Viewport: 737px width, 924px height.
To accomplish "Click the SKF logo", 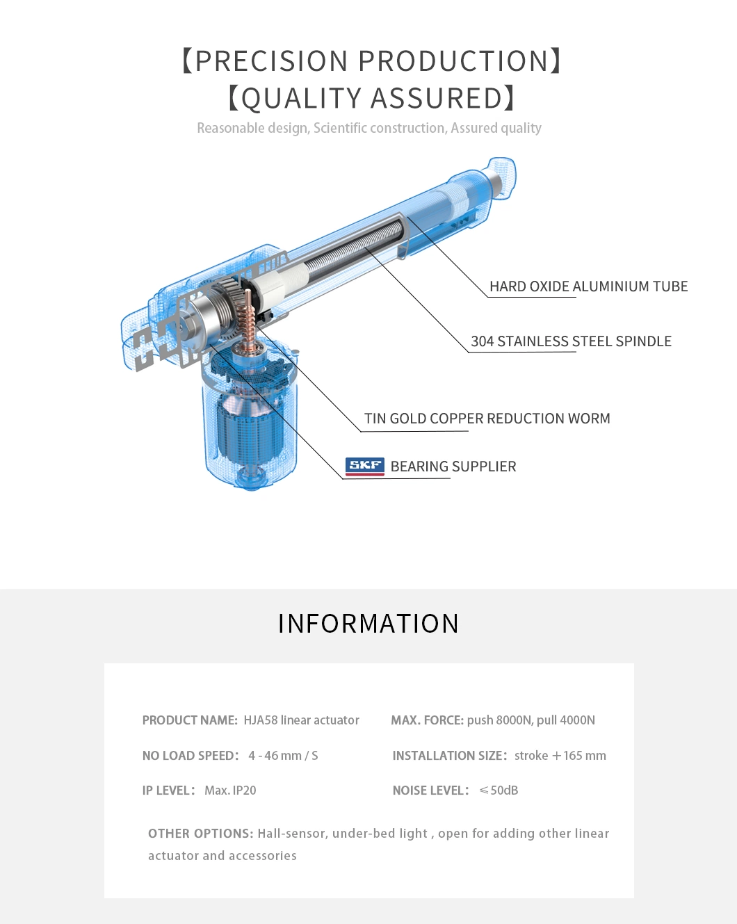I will (x=364, y=466).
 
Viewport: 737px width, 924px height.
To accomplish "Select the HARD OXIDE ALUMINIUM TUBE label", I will (x=588, y=286).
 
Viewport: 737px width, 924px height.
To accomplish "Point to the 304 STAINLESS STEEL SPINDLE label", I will (x=571, y=341).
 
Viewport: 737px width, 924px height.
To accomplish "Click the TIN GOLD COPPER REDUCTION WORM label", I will (x=487, y=419).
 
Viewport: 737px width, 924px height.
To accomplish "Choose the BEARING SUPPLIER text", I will (x=453, y=467).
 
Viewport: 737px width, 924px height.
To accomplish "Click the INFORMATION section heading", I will (x=368, y=624).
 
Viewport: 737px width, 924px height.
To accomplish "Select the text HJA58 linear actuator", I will (x=301, y=720).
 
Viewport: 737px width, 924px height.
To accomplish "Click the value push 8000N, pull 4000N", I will (x=531, y=720).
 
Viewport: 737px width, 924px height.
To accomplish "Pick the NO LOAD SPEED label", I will (x=190, y=756).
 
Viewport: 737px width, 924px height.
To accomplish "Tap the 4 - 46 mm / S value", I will (x=283, y=756).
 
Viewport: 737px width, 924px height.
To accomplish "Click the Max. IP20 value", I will (x=230, y=791).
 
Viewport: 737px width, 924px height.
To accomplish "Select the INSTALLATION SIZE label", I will (x=449, y=756).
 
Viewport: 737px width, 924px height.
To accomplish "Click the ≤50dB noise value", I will (x=499, y=791).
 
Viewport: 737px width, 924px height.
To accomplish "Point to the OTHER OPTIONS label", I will (x=200, y=834).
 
